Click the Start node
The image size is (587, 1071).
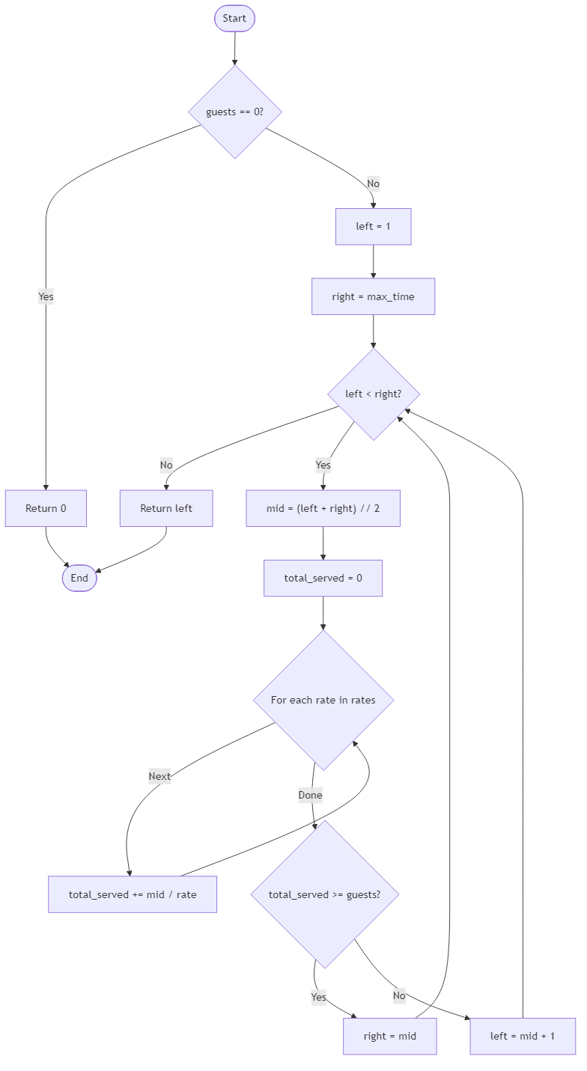point(234,19)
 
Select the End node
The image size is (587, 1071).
point(79,578)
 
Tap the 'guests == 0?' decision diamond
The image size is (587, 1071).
point(234,112)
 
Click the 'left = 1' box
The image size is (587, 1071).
point(373,227)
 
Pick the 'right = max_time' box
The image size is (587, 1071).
point(373,296)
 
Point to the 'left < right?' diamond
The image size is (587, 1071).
point(373,394)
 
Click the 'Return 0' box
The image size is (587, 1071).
point(46,508)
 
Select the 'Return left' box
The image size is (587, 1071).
point(166,508)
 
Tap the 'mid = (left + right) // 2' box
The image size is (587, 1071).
point(323,508)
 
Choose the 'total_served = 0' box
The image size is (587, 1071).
point(323,578)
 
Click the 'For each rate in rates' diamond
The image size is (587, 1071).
point(323,700)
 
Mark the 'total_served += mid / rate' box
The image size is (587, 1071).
point(133,894)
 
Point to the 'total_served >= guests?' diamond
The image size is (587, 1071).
point(324,894)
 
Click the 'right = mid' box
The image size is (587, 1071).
point(389,1036)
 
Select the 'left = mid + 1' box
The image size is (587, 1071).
point(523,1036)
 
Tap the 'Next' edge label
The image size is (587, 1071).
point(159,776)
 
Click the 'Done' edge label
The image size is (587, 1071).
point(310,795)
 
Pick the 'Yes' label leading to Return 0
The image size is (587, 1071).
point(46,296)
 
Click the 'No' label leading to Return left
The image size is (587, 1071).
point(166,465)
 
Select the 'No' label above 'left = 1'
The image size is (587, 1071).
point(373,183)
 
